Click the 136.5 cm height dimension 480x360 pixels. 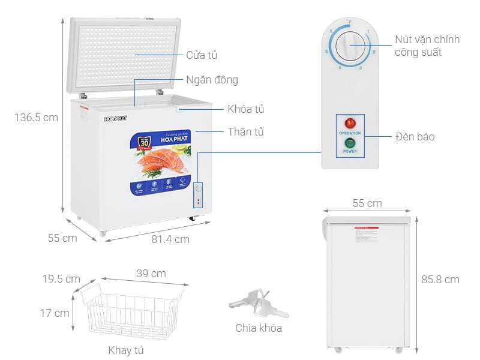click(x=36, y=118)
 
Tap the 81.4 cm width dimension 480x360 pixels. click(x=170, y=239)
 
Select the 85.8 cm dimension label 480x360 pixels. click(x=440, y=279)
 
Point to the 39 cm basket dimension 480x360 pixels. click(x=151, y=274)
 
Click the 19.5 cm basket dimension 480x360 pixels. click(x=61, y=279)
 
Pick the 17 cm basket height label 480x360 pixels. click(x=53, y=313)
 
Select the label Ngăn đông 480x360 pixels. click(x=212, y=80)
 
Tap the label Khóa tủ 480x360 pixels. click(x=245, y=109)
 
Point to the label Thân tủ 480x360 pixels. click(x=245, y=132)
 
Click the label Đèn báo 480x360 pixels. click(x=415, y=137)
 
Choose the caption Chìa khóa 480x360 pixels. click(x=259, y=328)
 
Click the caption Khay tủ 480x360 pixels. click(x=126, y=350)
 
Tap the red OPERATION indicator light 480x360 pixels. click(x=350, y=123)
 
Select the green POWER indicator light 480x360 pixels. click(x=350, y=143)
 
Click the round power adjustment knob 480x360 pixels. click(x=350, y=46)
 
